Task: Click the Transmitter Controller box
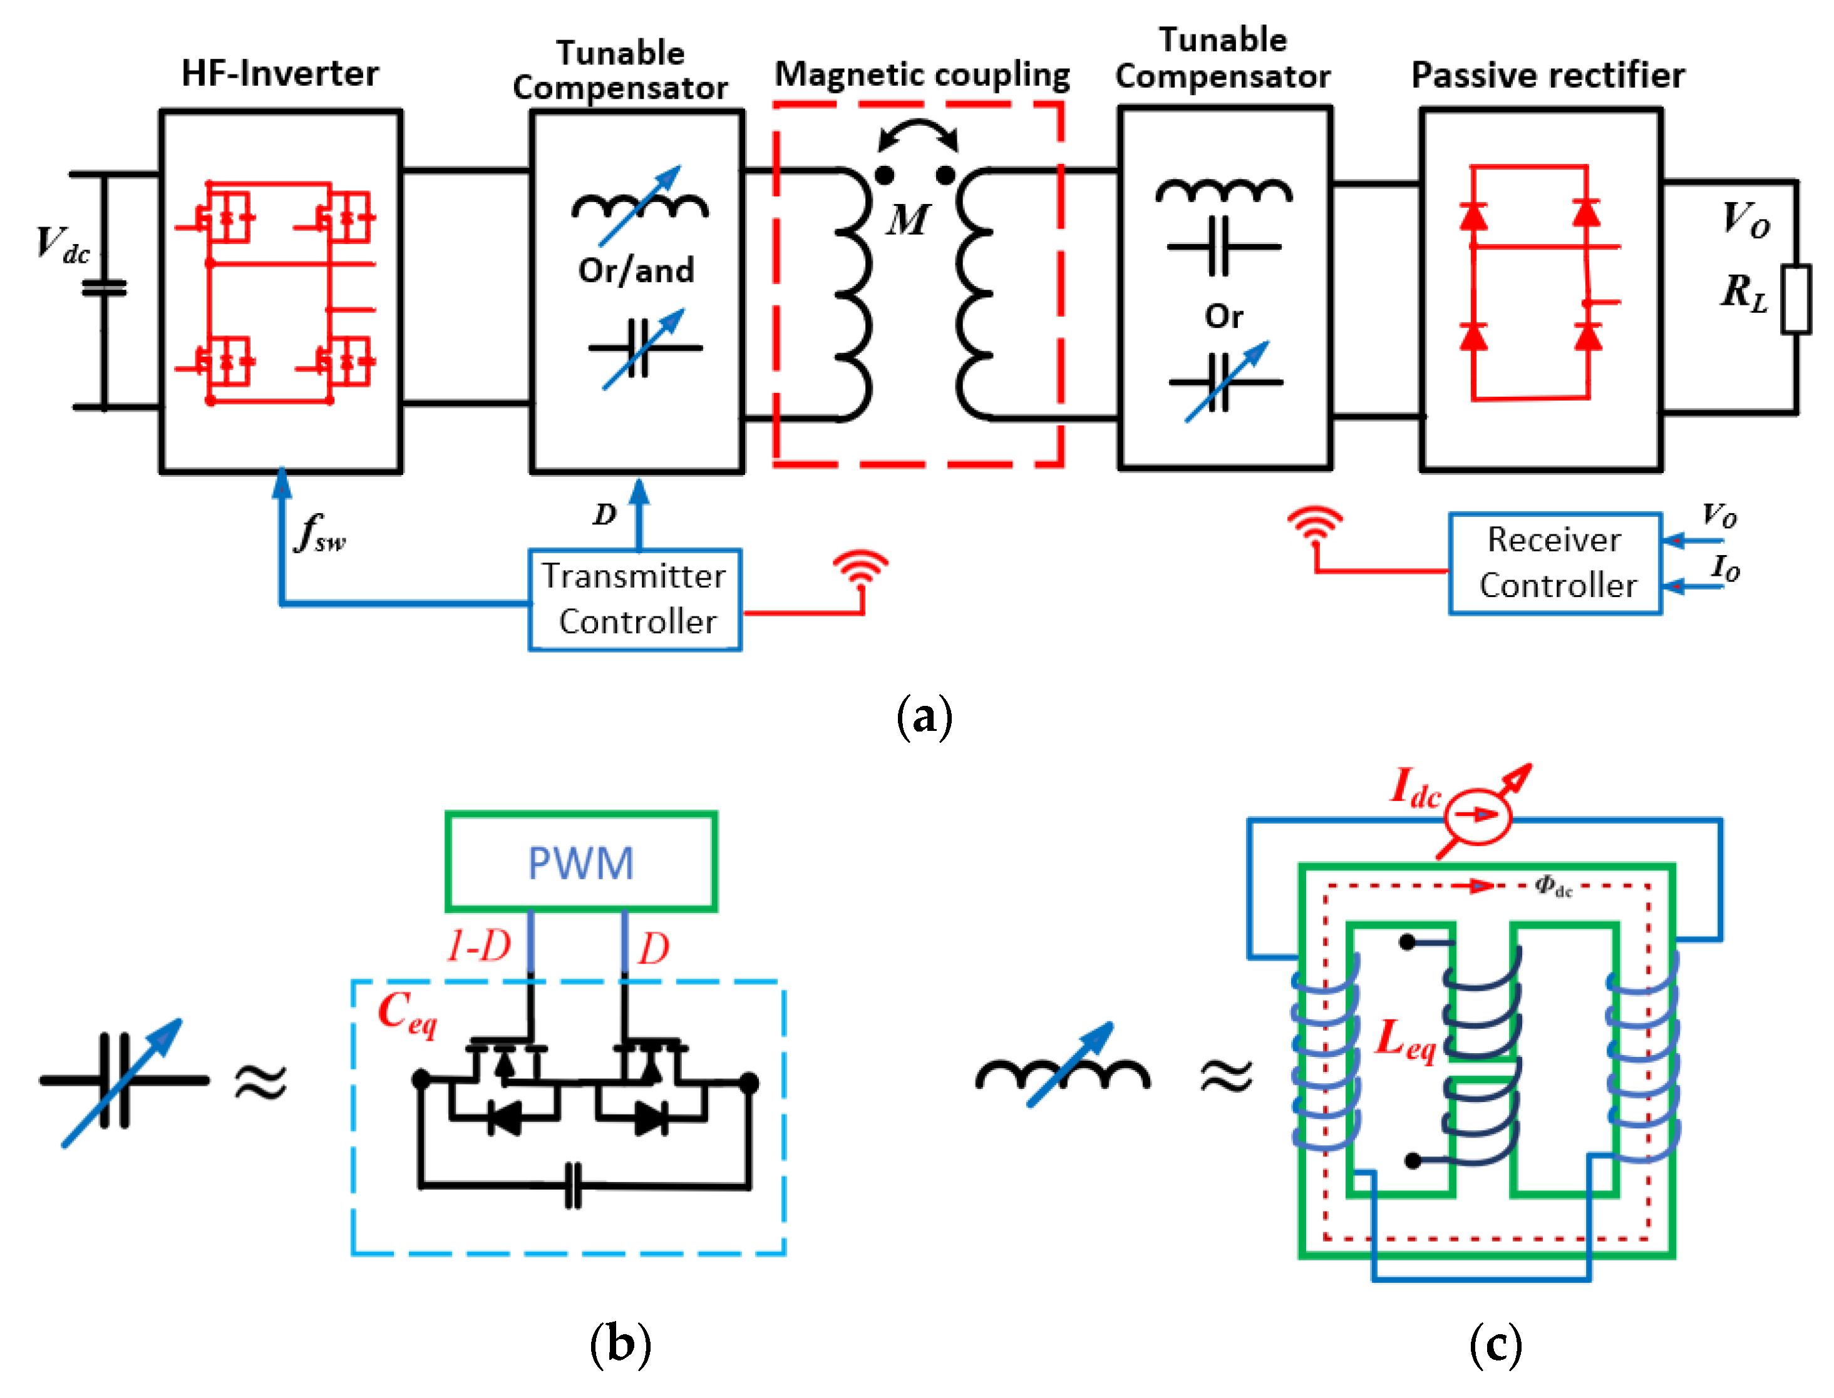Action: point(634,599)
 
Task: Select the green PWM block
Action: point(580,861)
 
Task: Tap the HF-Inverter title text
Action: point(280,73)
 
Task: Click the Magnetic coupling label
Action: point(922,75)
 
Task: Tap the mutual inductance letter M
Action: point(907,220)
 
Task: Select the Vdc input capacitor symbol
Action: point(104,288)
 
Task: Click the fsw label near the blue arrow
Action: point(321,533)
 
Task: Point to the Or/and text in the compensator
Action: point(636,270)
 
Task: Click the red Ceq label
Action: point(406,1013)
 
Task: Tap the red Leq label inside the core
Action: point(1404,1040)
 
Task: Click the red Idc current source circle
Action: point(1478,815)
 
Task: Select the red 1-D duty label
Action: point(478,946)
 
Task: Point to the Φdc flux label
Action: point(1553,886)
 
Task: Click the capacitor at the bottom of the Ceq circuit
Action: point(573,1185)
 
